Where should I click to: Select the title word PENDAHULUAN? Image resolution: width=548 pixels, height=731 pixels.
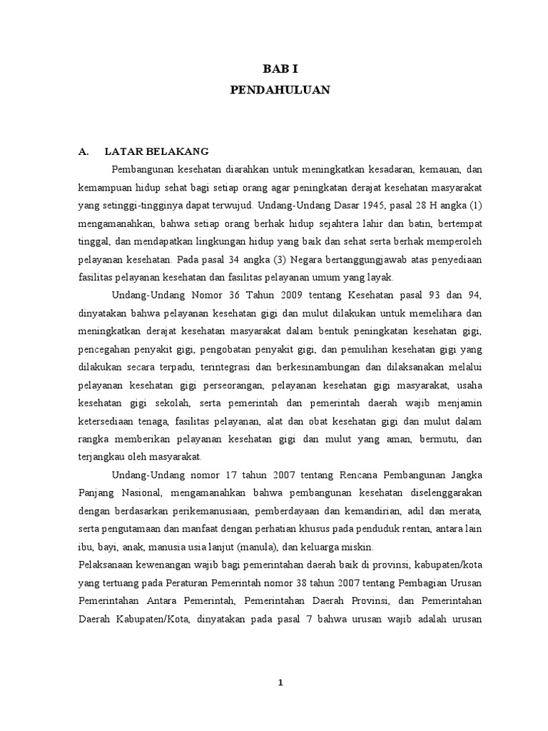(280, 91)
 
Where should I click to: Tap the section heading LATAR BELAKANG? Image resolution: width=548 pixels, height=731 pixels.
(156, 151)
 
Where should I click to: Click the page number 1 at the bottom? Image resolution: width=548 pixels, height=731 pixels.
(280, 682)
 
